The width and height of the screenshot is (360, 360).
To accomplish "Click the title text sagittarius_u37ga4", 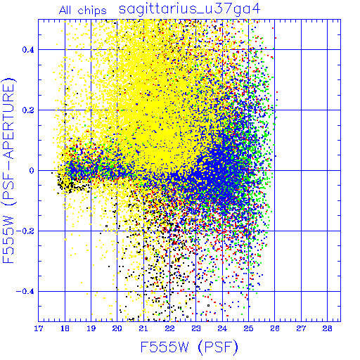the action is click(189, 10).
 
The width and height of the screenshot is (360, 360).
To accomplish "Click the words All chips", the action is click(83, 11).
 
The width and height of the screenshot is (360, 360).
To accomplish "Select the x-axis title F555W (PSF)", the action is click(189, 347).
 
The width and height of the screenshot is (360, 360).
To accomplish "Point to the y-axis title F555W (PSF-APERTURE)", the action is click(8, 171).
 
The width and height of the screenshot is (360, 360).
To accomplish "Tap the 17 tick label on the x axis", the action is click(39, 328).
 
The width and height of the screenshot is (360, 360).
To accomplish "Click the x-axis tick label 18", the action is click(65, 328).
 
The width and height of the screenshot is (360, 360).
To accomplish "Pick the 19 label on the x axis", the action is click(91, 328).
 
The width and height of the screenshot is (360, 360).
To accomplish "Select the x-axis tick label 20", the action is click(117, 328).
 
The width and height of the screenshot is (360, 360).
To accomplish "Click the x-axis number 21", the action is click(143, 328).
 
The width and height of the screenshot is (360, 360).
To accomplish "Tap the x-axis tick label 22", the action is click(169, 328).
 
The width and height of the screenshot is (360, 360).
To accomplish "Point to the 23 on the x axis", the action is click(196, 328).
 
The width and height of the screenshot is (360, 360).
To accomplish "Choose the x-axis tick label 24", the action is click(222, 328).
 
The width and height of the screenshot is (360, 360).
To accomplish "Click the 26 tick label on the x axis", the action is click(275, 328).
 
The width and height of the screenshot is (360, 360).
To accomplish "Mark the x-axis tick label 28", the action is click(327, 328).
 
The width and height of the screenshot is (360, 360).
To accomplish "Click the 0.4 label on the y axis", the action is click(28, 50).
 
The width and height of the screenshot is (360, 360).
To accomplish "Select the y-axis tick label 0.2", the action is click(28, 110).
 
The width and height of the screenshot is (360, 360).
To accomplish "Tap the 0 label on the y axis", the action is click(32, 171).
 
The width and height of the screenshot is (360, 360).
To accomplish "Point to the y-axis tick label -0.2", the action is click(25, 231).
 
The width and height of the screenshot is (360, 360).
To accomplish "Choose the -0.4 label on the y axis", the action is click(25, 292).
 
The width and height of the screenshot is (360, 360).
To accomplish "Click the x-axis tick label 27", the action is click(301, 328).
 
